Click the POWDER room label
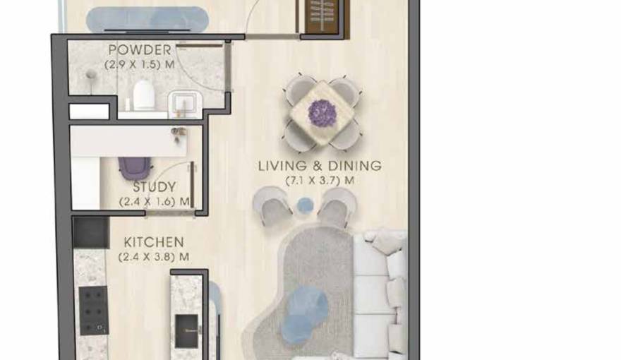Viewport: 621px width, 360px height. pyautogui.click(x=139, y=50)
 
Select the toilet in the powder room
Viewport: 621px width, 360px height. pyautogui.click(x=143, y=95)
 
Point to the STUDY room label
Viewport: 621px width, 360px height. pyautogui.click(x=155, y=188)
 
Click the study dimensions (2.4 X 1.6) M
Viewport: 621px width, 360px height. pyautogui.click(x=155, y=202)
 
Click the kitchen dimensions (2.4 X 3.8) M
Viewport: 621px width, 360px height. pyautogui.click(x=154, y=257)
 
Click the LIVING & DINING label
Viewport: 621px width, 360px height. pyautogui.click(x=319, y=167)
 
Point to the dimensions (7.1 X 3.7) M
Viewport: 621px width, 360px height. pyautogui.click(x=319, y=181)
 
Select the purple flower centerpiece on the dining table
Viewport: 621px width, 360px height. pyautogui.click(x=323, y=113)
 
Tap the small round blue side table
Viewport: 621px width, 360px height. pyautogui.click(x=304, y=205)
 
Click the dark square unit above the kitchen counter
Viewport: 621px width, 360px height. pyautogui.click(x=91, y=232)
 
